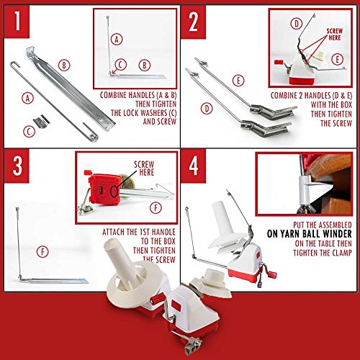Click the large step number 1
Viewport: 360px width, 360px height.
(17, 21)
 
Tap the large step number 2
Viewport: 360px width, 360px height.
(194, 22)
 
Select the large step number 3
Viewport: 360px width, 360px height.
(17, 166)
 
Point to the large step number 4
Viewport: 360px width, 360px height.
(194, 166)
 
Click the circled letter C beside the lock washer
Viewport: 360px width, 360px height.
(30, 131)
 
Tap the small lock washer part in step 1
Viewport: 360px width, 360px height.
(41, 121)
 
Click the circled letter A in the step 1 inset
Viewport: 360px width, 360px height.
(117, 40)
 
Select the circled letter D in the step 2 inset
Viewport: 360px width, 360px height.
(296, 24)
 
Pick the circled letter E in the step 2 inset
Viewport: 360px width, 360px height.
(337, 59)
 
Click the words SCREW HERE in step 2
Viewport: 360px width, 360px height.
(335, 35)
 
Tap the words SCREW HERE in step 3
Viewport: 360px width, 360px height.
(144, 168)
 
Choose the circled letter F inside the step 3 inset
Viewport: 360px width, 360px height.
(156, 208)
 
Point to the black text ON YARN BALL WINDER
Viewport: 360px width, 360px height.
(310, 234)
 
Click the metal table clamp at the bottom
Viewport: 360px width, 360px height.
(194, 345)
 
